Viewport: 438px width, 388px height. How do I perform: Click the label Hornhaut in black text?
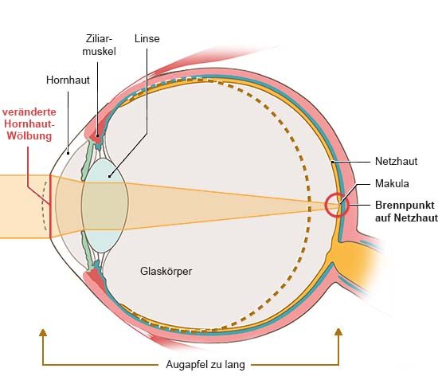[x=68, y=80]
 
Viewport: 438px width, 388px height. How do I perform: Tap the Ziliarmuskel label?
[x=100, y=45]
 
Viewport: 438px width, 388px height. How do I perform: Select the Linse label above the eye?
[x=147, y=38]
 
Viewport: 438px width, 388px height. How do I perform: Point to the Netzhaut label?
[x=396, y=161]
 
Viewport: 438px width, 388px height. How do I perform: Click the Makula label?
[x=392, y=184]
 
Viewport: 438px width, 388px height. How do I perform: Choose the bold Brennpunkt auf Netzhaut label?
[x=406, y=211]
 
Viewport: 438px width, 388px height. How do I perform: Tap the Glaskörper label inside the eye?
[x=166, y=271]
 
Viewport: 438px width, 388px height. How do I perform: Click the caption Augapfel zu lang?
[x=205, y=365]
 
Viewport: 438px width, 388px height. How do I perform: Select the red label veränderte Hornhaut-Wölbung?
[x=29, y=123]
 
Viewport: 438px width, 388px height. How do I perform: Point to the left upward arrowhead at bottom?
[x=43, y=332]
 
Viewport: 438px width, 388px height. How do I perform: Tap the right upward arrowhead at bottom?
[x=338, y=331]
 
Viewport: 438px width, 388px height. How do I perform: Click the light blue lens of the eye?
[x=105, y=206]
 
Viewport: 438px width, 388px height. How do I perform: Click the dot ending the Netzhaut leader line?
[x=332, y=162]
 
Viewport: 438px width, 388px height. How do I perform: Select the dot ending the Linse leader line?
[x=110, y=176]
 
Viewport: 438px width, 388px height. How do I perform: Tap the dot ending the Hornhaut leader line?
[x=68, y=153]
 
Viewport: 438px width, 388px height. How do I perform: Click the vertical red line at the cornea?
[x=50, y=206]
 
